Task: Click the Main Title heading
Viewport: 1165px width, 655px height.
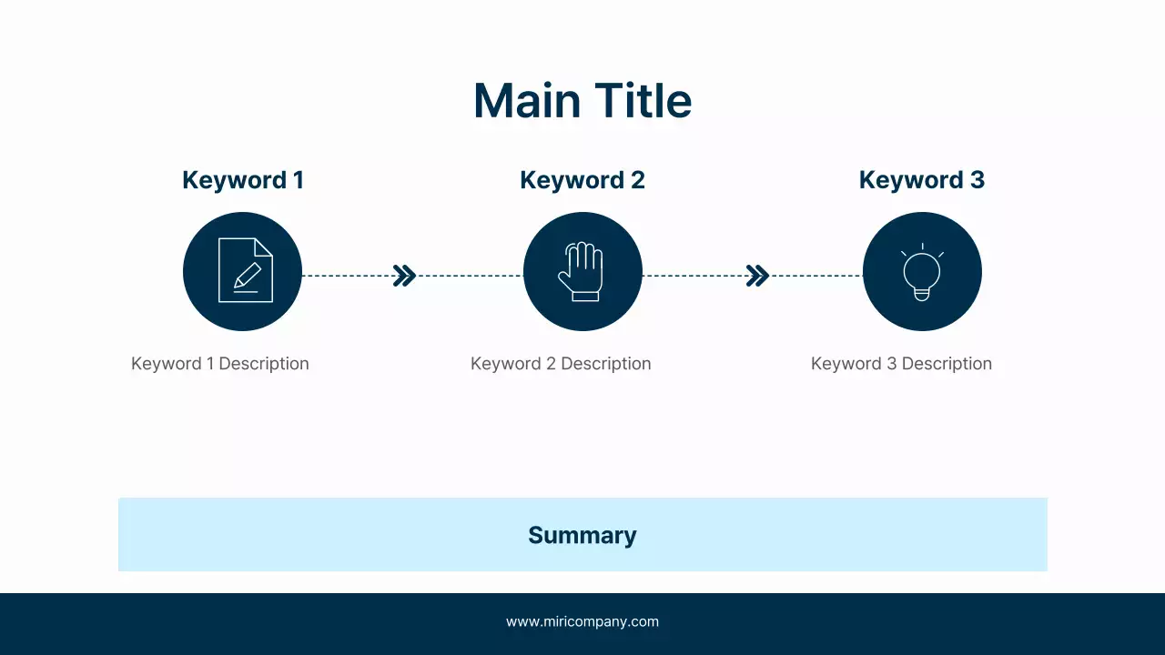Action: click(582, 100)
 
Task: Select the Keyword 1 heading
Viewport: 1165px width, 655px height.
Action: click(242, 180)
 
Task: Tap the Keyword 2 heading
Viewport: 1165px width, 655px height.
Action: click(582, 180)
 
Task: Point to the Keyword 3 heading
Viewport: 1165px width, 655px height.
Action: click(921, 180)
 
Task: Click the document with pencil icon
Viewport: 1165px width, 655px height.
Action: click(245, 270)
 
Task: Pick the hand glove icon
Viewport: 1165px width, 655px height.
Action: click(581, 271)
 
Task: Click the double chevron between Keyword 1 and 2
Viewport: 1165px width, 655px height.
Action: click(404, 276)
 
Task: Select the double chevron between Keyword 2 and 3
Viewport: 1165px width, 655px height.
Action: click(757, 276)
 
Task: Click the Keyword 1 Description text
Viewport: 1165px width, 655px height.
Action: click(220, 364)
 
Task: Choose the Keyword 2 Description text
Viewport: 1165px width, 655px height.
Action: click(561, 364)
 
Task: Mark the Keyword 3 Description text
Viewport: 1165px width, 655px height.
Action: click(901, 364)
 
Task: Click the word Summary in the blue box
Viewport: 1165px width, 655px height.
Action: click(582, 535)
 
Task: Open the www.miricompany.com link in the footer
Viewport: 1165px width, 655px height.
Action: click(582, 622)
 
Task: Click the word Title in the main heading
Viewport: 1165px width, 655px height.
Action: click(643, 100)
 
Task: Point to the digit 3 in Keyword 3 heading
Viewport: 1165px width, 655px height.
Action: click(977, 180)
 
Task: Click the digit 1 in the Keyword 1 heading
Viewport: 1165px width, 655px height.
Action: click(298, 180)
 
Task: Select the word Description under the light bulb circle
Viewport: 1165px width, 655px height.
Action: click(947, 364)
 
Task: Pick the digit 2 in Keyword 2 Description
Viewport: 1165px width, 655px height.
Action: click(551, 364)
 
